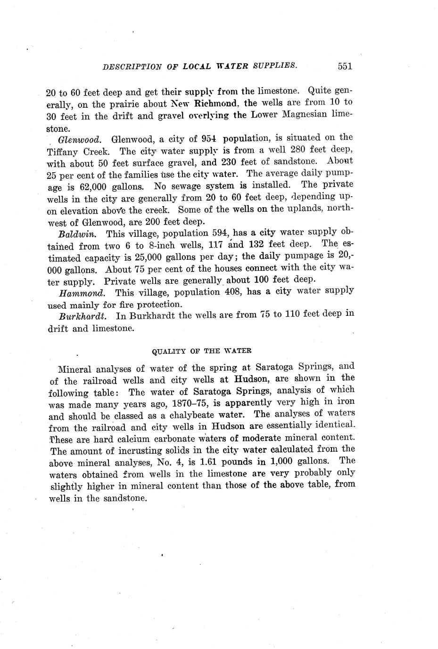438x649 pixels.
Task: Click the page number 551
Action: (345, 66)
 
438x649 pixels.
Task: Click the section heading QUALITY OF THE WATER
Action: (201, 351)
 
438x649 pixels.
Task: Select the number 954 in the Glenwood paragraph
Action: (208, 139)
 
